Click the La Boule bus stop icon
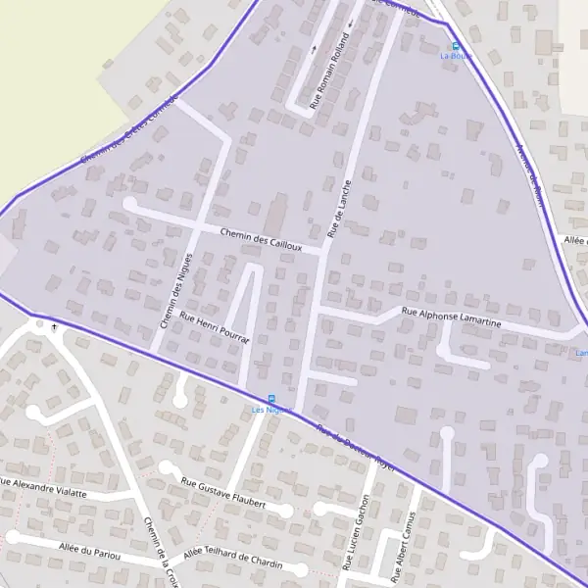(455, 45)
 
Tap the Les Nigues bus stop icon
(271, 398)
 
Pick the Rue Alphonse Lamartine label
(452, 317)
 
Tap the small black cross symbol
(53, 327)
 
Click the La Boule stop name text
(456, 56)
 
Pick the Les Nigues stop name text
(271, 409)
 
